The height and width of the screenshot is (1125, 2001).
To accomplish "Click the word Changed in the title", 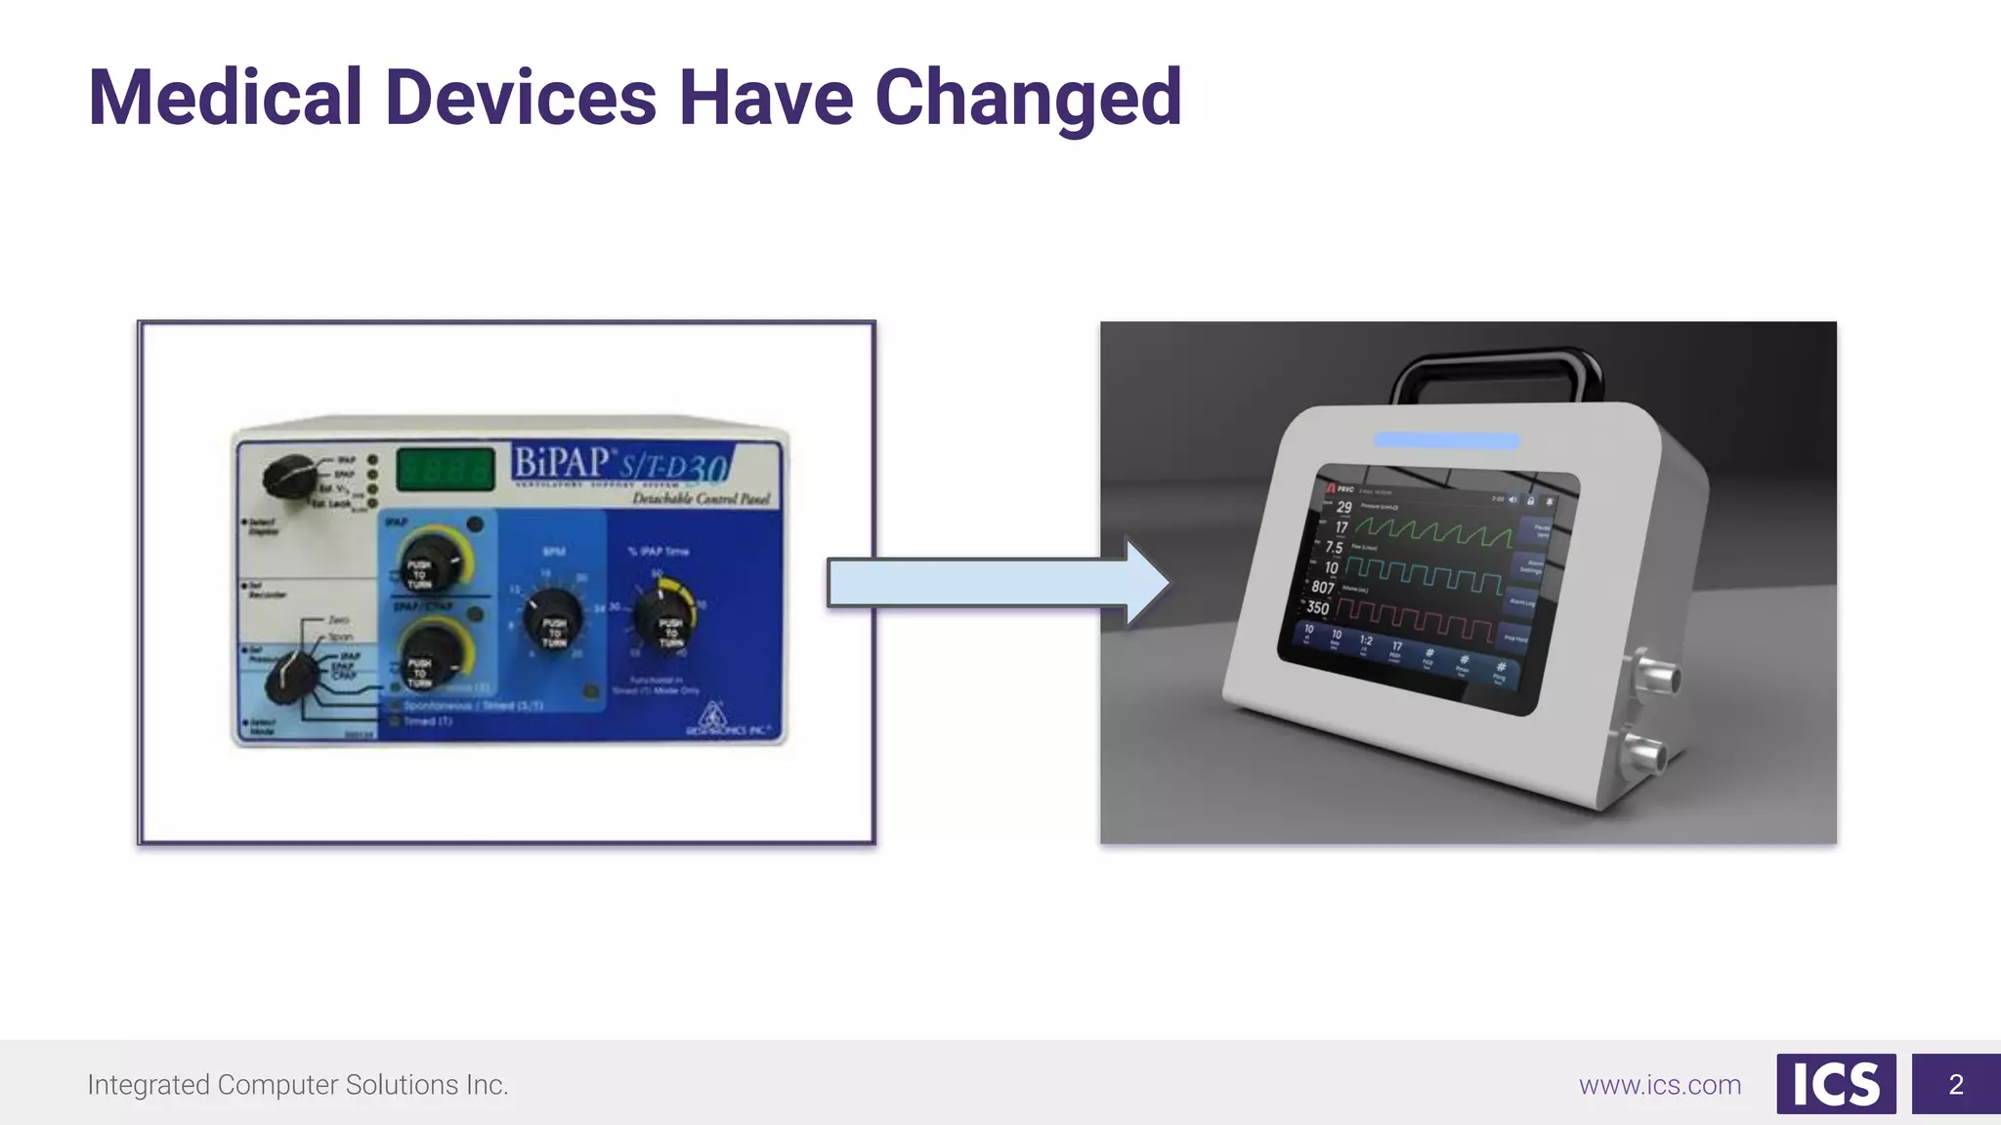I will point(1028,98).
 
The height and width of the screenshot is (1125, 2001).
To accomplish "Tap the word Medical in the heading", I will point(225,98).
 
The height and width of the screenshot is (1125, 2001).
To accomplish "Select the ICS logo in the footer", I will point(1836,1084).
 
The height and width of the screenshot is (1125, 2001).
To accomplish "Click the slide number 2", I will point(1955,1084).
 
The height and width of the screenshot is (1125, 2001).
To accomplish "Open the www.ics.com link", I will point(1660,1085).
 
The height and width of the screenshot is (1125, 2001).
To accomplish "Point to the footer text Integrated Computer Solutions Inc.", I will point(298,1085).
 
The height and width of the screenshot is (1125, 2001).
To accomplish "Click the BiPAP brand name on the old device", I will point(565,463).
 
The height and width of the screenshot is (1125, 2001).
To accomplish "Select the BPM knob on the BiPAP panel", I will point(554,618).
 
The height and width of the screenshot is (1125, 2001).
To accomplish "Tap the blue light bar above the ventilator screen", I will point(1446,440).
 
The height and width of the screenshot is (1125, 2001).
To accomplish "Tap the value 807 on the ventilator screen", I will point(1323,587).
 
